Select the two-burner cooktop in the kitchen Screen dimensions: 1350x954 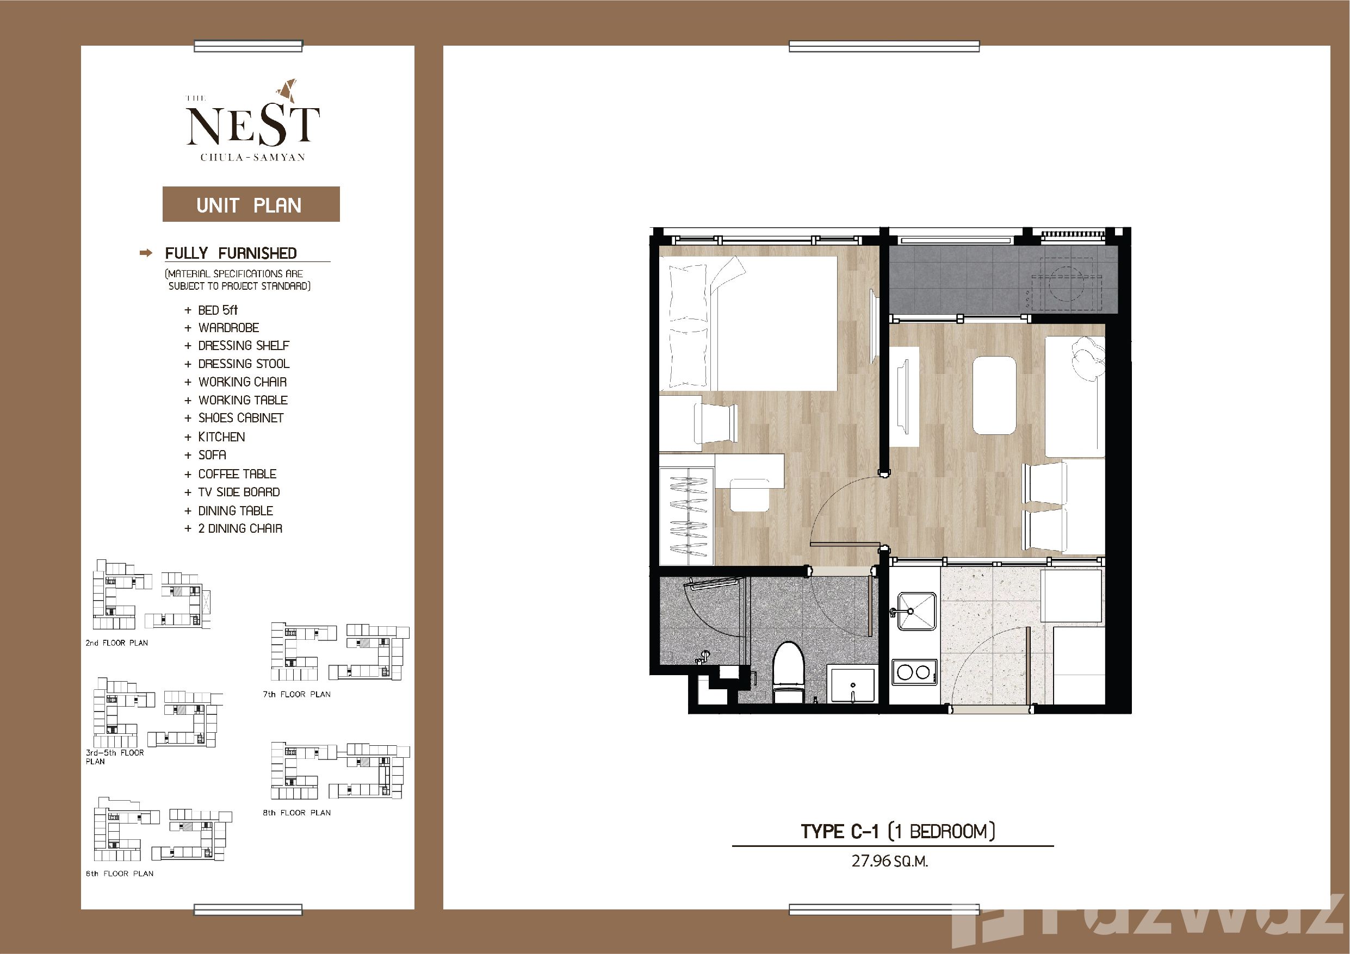914,671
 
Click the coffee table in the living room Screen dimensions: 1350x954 994,396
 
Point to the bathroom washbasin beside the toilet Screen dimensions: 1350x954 851,684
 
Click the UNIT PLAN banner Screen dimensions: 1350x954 251,204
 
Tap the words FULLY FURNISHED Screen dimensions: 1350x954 231,253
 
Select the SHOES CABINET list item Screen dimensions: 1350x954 240,418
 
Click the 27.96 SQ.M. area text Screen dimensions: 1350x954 890,862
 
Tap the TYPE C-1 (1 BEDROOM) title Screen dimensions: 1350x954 898,831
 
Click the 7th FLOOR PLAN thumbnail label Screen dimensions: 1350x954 296,694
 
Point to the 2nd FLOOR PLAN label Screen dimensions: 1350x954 116,643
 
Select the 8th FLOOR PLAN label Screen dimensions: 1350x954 296,813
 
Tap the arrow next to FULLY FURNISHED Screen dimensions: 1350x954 146,253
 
